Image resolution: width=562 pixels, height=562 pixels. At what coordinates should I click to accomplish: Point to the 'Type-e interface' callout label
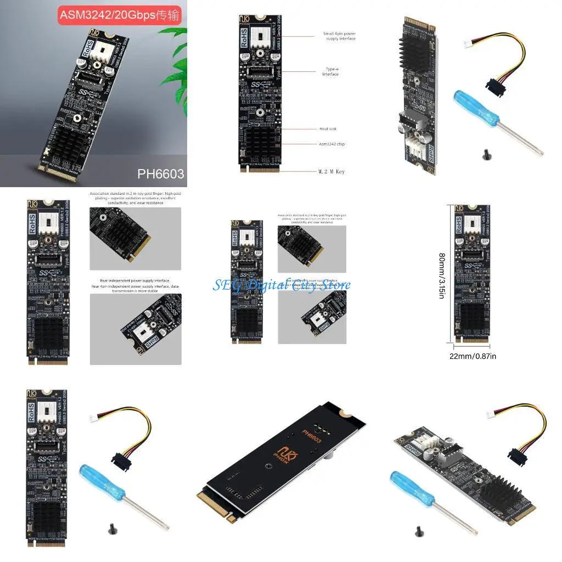[x=330, y=72]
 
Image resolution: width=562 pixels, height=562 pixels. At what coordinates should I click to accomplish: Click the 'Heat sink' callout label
[x=328, y=129]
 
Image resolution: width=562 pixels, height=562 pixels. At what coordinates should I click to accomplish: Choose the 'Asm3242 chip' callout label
[x=332, y=144]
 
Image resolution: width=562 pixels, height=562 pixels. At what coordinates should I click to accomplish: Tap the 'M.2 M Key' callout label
[x=331, y=172]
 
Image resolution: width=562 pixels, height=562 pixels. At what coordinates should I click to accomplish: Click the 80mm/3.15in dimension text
[x=442, y=275]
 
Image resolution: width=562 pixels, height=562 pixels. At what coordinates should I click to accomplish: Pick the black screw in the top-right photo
[x=485, y=155]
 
